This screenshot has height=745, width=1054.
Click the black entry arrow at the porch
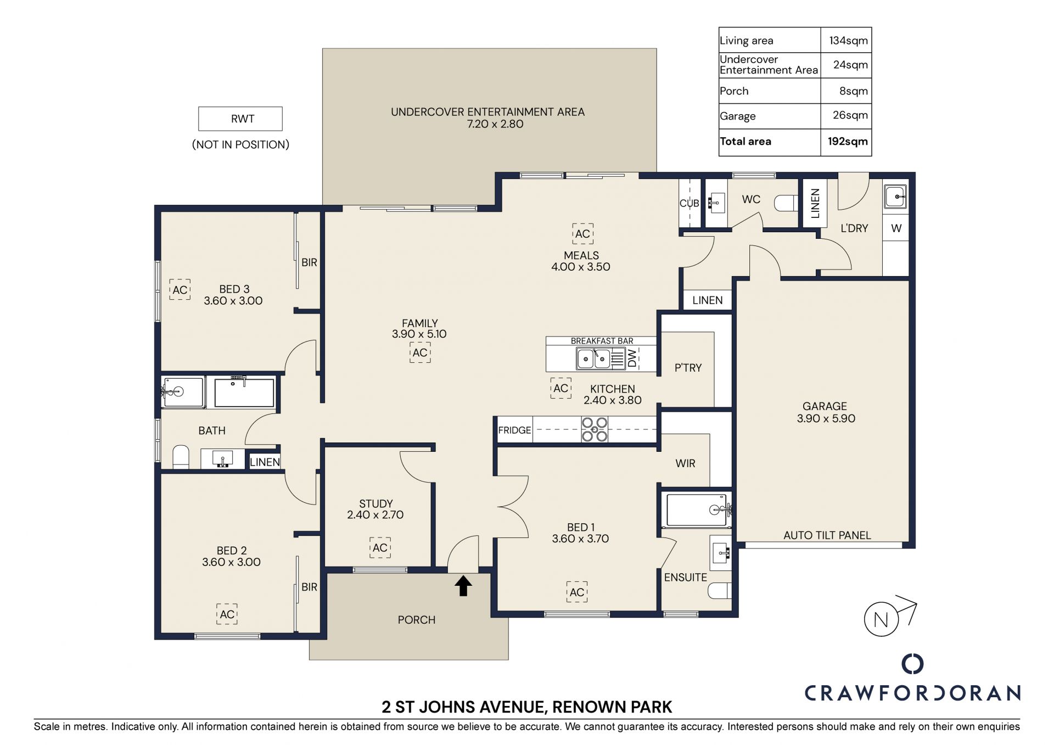point(463,585)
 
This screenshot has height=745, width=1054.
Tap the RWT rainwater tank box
point(240,119)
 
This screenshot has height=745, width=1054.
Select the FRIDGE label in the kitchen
point(514,430)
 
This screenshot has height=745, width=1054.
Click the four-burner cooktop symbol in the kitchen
point(595,429)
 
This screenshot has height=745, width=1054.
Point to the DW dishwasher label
point(632,359)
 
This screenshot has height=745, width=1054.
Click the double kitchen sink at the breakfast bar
point(594,359)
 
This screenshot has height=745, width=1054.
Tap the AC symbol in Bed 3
point(180,289)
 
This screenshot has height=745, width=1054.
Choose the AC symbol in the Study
point(380,547)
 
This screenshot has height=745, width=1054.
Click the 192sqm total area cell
point(848,141)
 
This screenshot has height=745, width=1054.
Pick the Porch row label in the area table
point(734,91)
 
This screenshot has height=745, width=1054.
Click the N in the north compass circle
point(881,620)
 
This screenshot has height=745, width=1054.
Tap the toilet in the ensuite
point(720,591)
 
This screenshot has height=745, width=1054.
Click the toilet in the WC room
point(786,204)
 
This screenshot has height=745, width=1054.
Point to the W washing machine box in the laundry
point(896,228)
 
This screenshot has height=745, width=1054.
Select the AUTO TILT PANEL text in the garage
point(827,535)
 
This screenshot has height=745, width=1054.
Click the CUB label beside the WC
point(689,203)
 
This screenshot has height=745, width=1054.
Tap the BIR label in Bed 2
point(309,587)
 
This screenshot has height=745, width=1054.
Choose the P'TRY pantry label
point(688,368)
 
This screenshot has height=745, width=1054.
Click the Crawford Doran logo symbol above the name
point(912,664)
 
